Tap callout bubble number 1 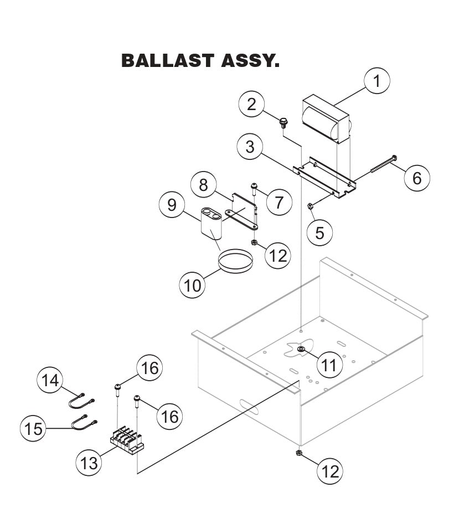pos(377,81)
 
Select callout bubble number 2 pos(252,105)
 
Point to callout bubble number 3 pos(250,147)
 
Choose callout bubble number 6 pos(416,178)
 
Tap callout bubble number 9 pos(172,205)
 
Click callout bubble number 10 pos(193,285)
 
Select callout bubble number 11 pos(329,365)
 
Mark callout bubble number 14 pos(50,380)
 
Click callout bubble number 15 pos(34,429)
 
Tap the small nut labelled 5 pos(311,207)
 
